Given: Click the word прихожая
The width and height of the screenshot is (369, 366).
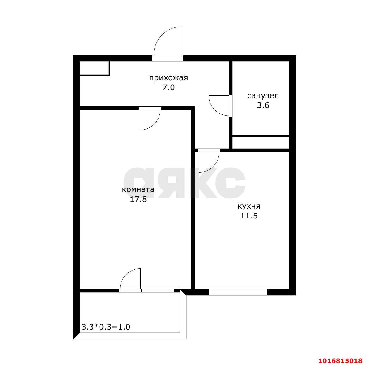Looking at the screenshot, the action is click(x=168, y=78).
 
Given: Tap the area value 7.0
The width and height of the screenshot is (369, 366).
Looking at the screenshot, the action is click(x=168, y=87).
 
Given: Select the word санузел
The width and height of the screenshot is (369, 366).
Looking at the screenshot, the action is click(x=263, y=96).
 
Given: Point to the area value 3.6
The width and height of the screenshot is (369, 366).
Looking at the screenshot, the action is click(x=263, y=105).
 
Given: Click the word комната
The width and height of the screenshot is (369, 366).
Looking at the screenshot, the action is click(x=138, y=189).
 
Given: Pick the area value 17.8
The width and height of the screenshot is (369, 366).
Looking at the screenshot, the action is click(x=138, y=199).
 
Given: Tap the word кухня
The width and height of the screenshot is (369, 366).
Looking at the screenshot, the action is click(x=249, y=206).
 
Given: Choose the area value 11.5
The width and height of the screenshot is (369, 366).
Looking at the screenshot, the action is click(x=249, y=216).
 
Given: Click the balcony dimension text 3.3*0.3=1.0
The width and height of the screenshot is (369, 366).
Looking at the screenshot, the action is click(x=106, y=327).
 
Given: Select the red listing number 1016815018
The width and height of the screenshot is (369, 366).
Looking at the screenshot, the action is click(x=340, y=360).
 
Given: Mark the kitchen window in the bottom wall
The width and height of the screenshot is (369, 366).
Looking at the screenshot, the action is click(x=238, y=292).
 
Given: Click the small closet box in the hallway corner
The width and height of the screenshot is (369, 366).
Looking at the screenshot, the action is click(x=95, y=68).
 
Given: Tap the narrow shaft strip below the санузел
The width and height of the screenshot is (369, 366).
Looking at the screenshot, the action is click(x=261, y=143).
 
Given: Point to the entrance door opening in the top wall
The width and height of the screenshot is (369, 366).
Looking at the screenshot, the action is click(x=168, y=58).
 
